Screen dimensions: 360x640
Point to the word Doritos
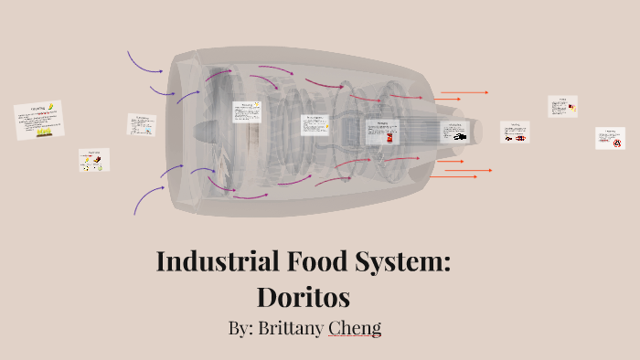pos(303,297)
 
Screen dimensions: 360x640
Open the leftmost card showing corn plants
pos(38,121)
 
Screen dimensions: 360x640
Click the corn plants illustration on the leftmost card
pos(42,132)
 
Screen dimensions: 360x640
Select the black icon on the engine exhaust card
pos(460,136)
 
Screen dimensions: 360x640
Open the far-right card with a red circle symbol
pos(610,138)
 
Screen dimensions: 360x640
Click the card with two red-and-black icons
pos(515,132)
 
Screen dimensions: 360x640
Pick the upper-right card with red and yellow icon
pos(562,106)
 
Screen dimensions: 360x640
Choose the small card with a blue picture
pos(141,125)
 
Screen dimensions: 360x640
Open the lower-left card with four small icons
pos(93,160)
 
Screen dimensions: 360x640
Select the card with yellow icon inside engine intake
pos(247,112)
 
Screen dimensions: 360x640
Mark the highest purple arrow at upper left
pos(144,62)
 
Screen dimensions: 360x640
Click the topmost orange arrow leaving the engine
pos(464,92)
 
